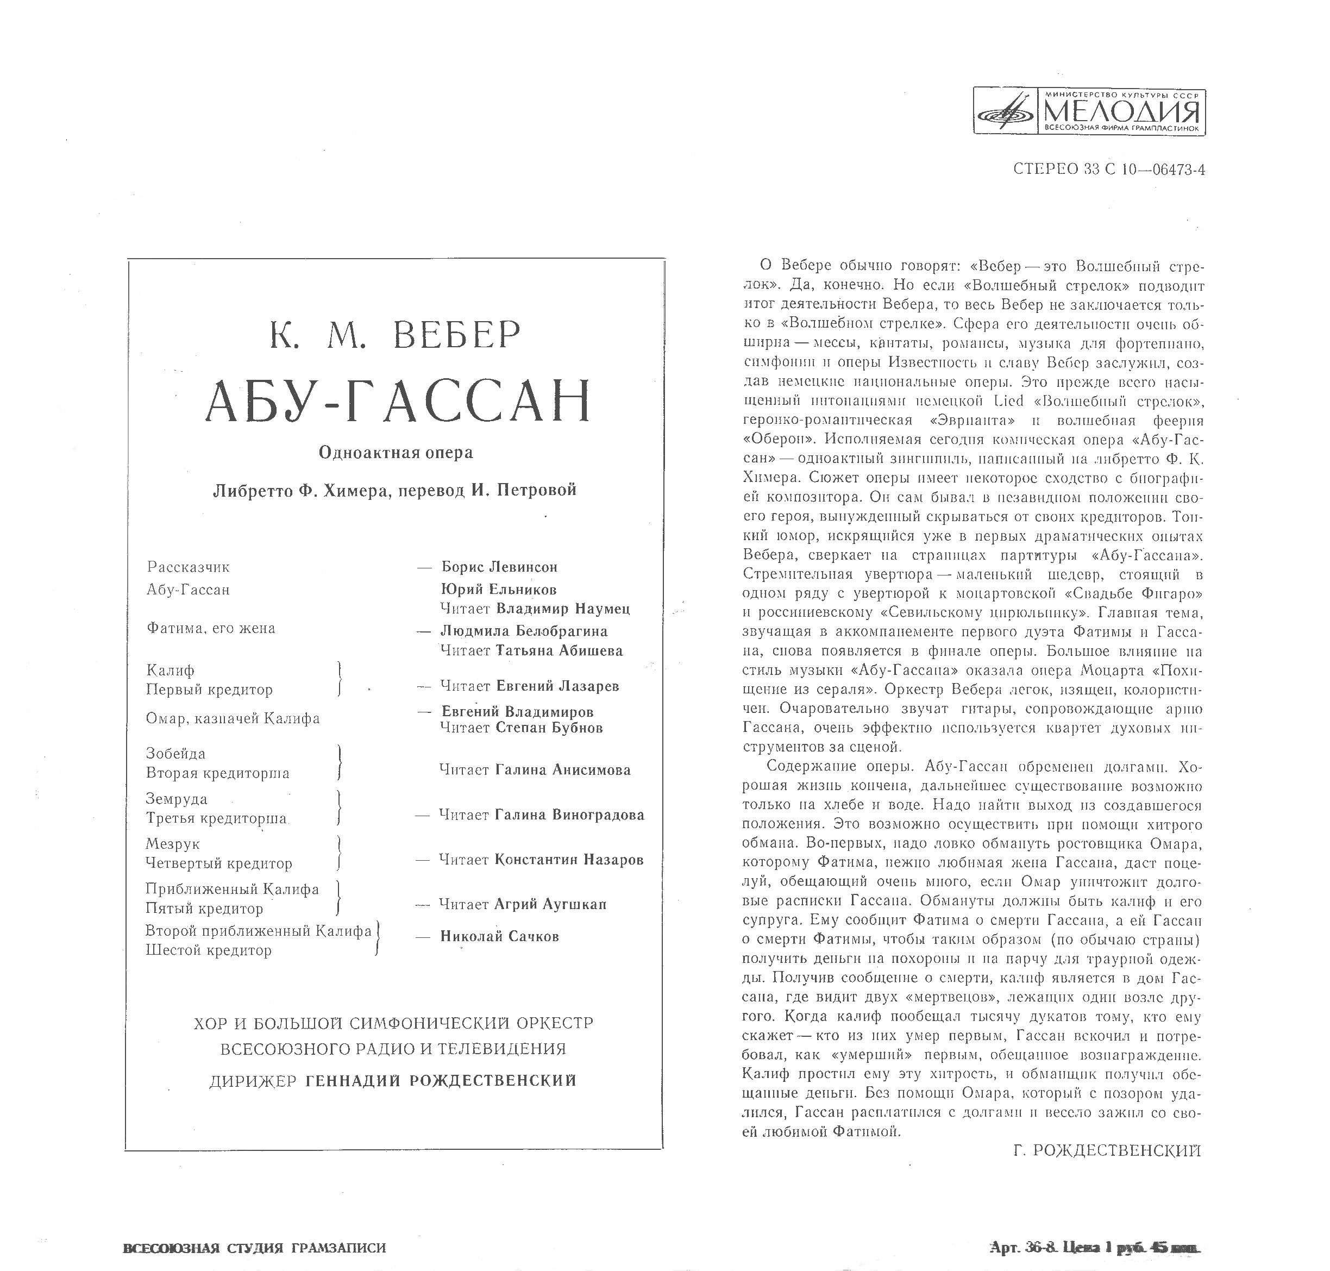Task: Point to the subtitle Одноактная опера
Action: [396, 453]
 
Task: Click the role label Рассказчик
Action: [189, 567]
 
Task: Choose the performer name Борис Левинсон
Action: [499, 567]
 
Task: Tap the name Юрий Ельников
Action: [499, 590]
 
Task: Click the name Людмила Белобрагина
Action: [524, 631]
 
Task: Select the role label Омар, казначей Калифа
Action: [233, 718]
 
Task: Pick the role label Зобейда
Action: [175, 753]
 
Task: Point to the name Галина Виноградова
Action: [569, 815]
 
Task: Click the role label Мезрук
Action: [172, 844]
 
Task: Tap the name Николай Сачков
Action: [499, 936]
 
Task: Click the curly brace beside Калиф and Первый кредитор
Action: [339, 680]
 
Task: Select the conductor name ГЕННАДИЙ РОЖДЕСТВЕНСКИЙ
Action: [441, 1081]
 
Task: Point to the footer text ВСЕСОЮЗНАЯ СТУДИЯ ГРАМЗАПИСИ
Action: [254, 1248]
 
